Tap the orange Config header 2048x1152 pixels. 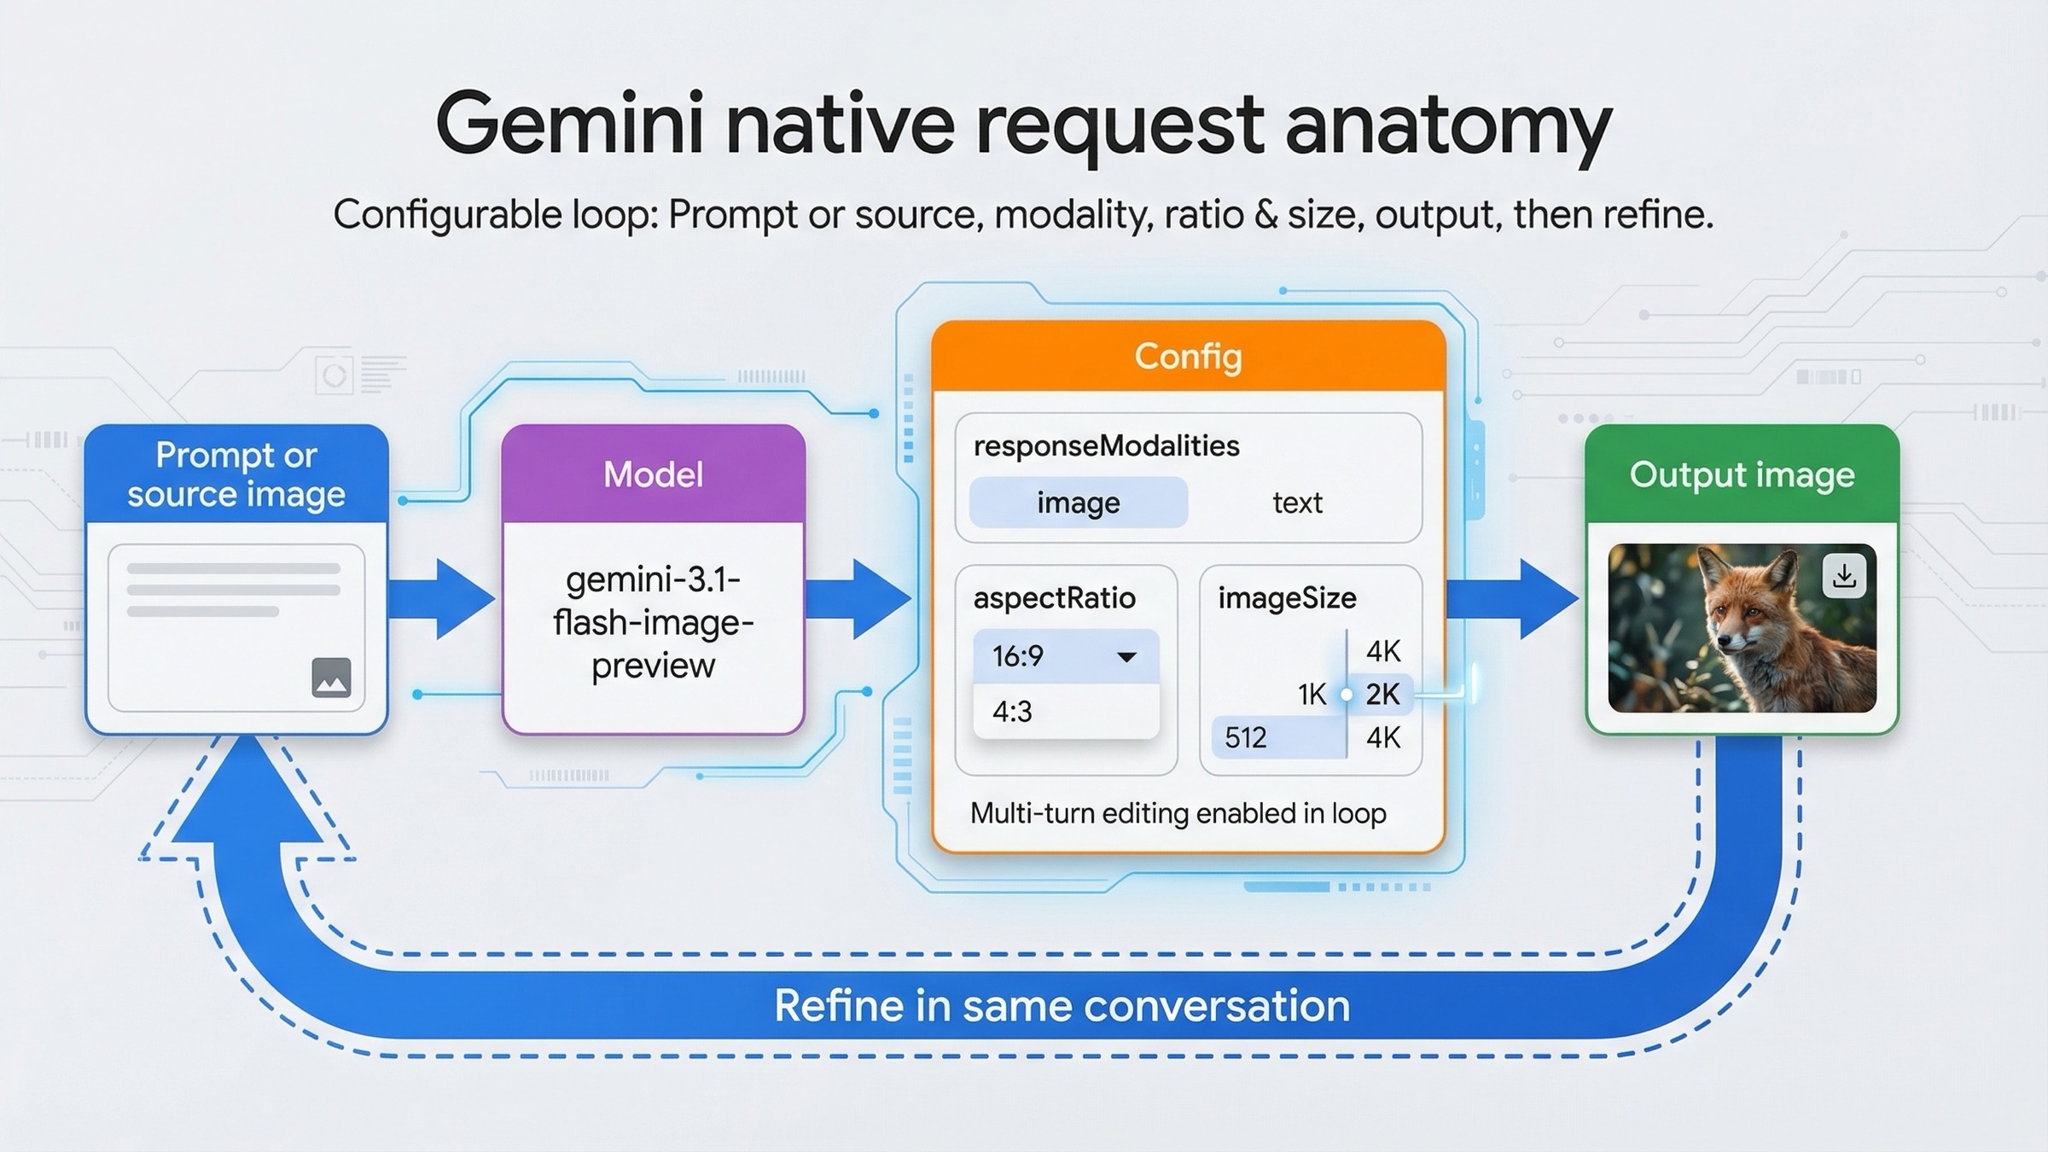pos(1188,356)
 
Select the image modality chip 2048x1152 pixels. pos(1078,503)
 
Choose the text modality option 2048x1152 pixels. pos(1297,503)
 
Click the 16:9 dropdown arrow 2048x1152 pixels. pos(1126,656)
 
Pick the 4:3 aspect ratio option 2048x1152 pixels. pos(1013,711)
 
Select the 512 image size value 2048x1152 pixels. pos(1246,737)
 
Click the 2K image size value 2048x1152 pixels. pos(1382,695)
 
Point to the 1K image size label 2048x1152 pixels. pos(1312,695)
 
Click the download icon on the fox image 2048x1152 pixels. pos(1843,576)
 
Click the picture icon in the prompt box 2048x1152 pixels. pos(331,678)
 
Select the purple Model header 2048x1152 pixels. pos(653,474)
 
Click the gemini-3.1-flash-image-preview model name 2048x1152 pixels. pos(653,623)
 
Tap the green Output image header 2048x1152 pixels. pos(1742,474)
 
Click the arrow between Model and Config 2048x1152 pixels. pos(858,599)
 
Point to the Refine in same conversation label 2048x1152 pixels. pos(1062,1005)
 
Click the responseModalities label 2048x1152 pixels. pos(1106,445)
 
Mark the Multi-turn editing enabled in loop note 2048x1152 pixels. pos(1178,813)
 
